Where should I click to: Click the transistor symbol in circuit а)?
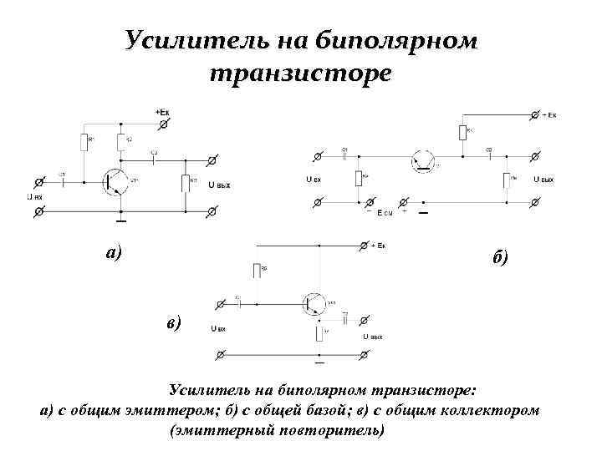(x=114, y=180)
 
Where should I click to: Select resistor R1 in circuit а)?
(x=84, y=141)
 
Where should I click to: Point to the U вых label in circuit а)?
(x=219, y=185)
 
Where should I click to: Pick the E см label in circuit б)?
(x=385, y=214)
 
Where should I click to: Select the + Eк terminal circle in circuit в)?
(x=363, y=246)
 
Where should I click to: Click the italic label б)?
(x=500, y=258)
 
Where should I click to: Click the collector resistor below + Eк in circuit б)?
(x=462, y=132)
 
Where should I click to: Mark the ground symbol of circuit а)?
(x=122, y=220)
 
